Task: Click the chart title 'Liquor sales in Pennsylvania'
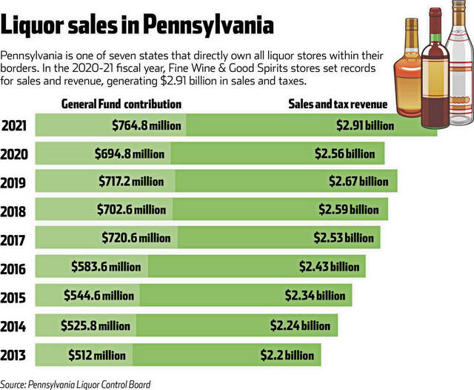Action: (x=138, y=27)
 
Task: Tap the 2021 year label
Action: (x=15, y=126)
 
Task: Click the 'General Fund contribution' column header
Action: (x=121, y=104)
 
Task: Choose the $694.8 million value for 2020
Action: (x=130, y=153)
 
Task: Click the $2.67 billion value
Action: (x=358, y=181)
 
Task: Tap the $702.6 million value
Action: (x=132, y=209)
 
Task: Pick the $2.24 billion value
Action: (x=300, y=325)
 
